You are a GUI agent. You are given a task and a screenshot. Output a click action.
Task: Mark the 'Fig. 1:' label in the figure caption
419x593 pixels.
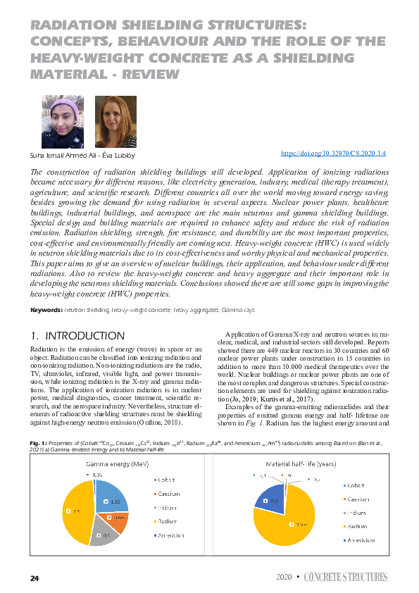point(37,442)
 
